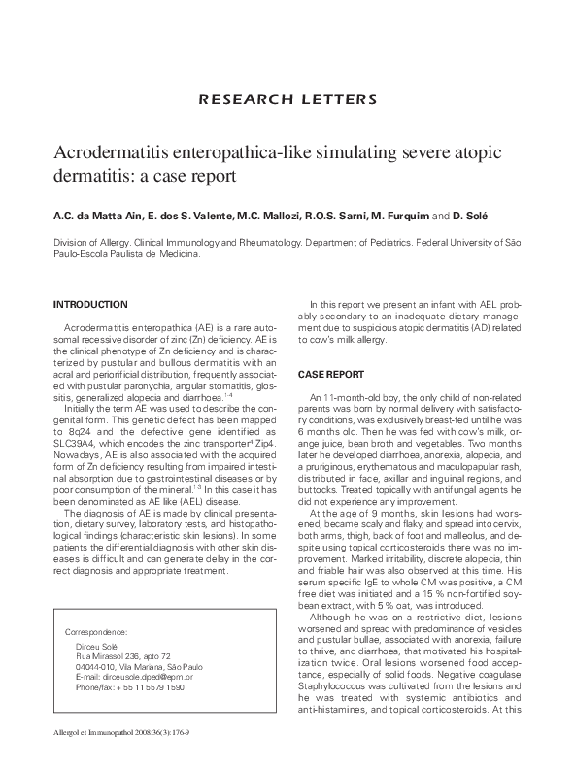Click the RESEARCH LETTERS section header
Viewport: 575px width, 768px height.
point(287,99)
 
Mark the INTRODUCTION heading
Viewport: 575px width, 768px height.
point(89,304)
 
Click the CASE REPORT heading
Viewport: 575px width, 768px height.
point(330,374)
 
